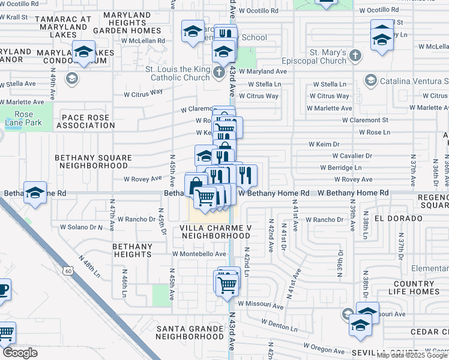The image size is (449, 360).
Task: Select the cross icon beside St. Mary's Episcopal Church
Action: pos(355,56)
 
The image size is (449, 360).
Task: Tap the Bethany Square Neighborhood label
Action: pos(93,161)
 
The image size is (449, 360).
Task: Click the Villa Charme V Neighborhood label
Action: pos(214,232)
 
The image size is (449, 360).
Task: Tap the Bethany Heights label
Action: pos(132,250)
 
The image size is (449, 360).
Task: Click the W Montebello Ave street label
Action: pos(199,254)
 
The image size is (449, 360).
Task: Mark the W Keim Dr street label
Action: pos(324,144)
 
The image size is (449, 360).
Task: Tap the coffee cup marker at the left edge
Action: pos(3,289)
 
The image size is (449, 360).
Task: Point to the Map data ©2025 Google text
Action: pos(412,355)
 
